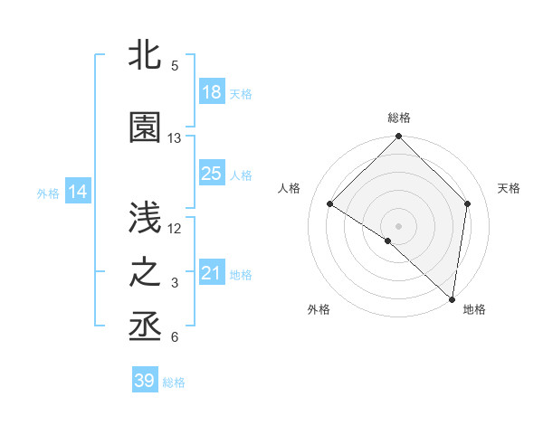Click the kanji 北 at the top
(x=145, y=57)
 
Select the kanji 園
(x=145, y=128)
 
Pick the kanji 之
(x=145, y=272)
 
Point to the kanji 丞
(x=145, y=326)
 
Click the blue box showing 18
(x=212, y=93)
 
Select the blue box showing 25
(x=212, y=174)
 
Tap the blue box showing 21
(x=212, y=273)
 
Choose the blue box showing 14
(x=78, y=192)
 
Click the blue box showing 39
(x=145, y=381)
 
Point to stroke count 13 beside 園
(x=175, y=138)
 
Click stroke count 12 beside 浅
(x=175, y=228)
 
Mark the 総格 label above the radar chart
(x=399, y=118)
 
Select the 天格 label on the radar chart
(x=509, y=188)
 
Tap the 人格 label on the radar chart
(x=289, y=188)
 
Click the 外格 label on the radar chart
(x=318, y=310)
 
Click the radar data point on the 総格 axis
(x=399, y=137)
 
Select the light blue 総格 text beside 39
(x=174, y=382)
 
